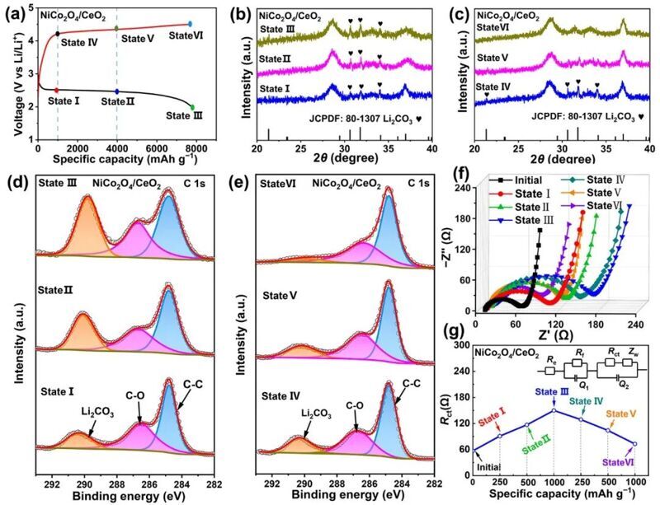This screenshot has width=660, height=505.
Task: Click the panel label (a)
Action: point(14,12)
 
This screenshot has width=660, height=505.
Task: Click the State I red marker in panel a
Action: point(56,90)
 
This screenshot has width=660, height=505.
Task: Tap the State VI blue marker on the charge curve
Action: point(191,25)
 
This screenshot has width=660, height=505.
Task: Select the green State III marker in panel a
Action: point(191,107)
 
